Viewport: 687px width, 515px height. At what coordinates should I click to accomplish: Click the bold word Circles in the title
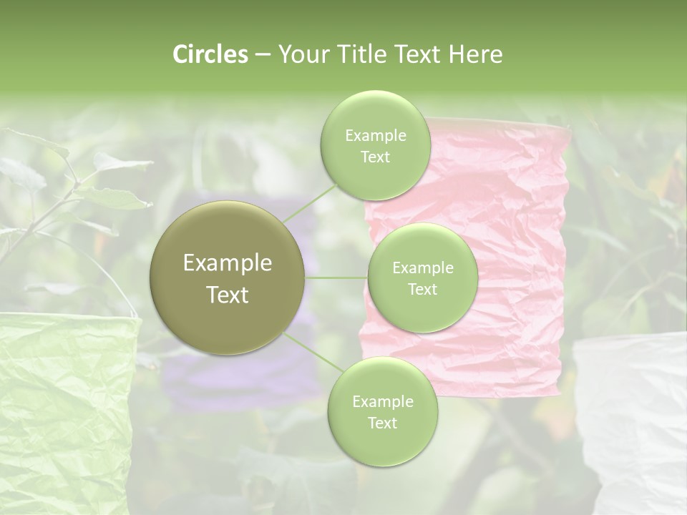click(210, 54)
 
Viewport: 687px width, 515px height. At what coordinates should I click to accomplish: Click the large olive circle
click(228, 278)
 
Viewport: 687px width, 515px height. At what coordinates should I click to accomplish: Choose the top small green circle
click(376, 145)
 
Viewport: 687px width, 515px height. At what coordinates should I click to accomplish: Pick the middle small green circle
click(423, 278)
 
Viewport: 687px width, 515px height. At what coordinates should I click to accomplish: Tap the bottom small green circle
click(382, 411)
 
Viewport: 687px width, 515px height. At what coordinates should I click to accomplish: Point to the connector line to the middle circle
click(336, 278)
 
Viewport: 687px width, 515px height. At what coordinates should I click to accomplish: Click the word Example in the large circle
click(228, 263)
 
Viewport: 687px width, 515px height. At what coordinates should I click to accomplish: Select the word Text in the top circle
click(375, 157)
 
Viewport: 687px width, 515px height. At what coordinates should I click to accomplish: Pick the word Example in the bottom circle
click(382, 401)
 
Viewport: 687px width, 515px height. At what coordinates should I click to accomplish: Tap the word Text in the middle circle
click(422, 289)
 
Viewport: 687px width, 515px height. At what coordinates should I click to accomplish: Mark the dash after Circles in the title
click(262, 55)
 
